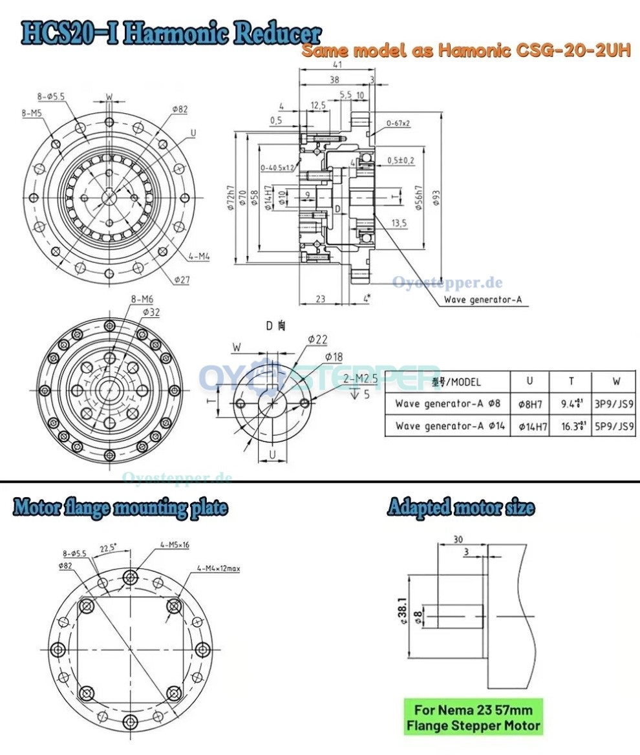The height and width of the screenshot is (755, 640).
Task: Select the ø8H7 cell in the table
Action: coord(530,404)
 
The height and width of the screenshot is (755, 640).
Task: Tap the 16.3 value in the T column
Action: coord(570,426)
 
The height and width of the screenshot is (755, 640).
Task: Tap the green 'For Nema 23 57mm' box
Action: coord(473,716)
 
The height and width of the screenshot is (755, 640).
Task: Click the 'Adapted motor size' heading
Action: coord(461,507)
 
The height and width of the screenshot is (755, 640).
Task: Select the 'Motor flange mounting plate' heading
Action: coord(121,507)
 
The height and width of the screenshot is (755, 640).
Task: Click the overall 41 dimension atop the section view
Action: coord(337,64)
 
